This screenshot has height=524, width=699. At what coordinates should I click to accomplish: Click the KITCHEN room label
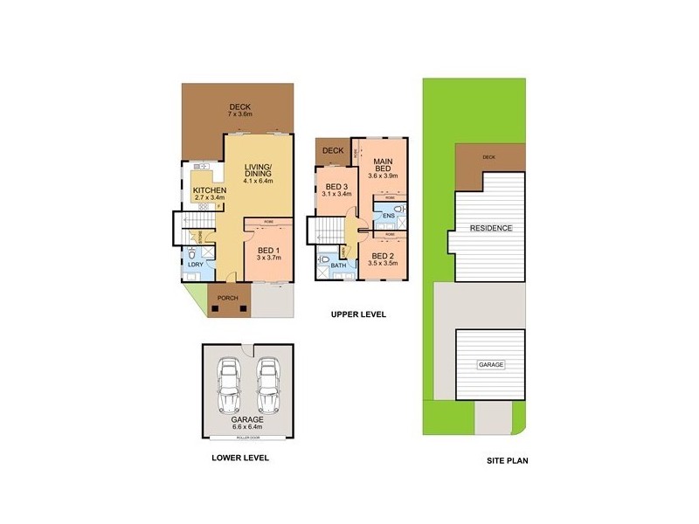click(x=210, y=190)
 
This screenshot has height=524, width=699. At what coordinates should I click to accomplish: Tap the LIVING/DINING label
click(x=259, y=170)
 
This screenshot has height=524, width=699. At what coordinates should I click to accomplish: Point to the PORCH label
click(x=227, y=298)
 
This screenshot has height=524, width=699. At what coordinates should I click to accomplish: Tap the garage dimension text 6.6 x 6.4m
click(x=248, y=426)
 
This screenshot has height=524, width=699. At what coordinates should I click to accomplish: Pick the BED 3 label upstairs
click(x=337, y=187)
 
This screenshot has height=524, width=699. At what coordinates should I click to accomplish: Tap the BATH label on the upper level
click(x=336, y=265)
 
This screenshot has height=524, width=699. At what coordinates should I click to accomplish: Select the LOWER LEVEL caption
click(x=239, y=457)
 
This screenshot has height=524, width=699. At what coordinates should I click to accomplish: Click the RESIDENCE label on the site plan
click(x=490, y=229)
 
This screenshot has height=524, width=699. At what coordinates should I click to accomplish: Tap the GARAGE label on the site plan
click(x=490, y=364)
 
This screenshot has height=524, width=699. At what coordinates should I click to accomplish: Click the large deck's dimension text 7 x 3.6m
click(x=240, y=114)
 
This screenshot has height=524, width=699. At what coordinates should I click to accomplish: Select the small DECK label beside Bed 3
click(x=333, y=150)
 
